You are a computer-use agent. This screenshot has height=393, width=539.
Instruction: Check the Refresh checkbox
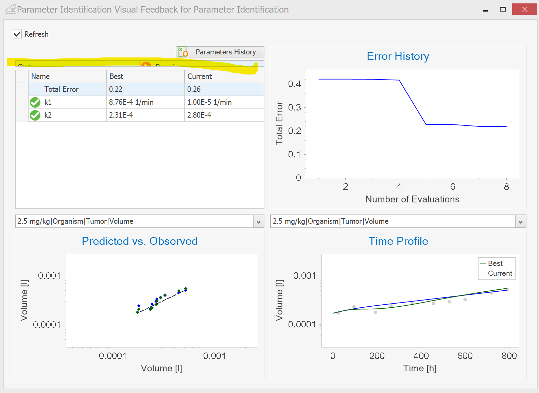click(17, 34)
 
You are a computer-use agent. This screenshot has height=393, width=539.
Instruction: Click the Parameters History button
click(220, 52)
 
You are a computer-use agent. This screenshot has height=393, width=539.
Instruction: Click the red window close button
click(524, 9)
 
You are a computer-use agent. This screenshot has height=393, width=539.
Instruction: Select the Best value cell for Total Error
click(145, 89)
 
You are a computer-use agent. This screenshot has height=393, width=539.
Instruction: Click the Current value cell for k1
click(224, 102)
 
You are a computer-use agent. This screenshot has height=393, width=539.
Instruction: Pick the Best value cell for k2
click(145, 115)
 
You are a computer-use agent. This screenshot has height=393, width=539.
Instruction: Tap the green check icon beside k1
click(35, 102)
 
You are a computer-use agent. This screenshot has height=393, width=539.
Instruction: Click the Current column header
click(224, 76)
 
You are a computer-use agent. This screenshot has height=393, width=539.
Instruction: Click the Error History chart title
click(398, 56)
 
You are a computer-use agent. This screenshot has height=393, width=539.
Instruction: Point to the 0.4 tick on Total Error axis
click(294, 84)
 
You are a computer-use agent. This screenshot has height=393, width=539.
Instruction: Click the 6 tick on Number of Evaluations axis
click(453, 187)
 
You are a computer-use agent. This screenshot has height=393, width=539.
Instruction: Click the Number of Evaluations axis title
click(412, 199)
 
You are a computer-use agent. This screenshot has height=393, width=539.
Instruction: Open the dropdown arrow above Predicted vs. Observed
click(258, 222)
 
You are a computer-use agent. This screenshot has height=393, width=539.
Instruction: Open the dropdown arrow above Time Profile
click(520, 222)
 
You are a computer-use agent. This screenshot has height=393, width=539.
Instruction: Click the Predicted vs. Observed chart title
click(140, 241)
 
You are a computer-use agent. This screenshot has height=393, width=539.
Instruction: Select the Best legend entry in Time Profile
click(495, 263)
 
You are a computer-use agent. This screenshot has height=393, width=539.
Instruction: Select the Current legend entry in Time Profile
click(499, 273)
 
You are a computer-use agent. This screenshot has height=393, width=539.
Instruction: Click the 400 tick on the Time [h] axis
click(421, 356)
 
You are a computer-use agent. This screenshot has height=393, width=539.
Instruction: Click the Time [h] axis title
click(420, 369)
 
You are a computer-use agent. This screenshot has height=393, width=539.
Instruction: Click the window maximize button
click(503, 9)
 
